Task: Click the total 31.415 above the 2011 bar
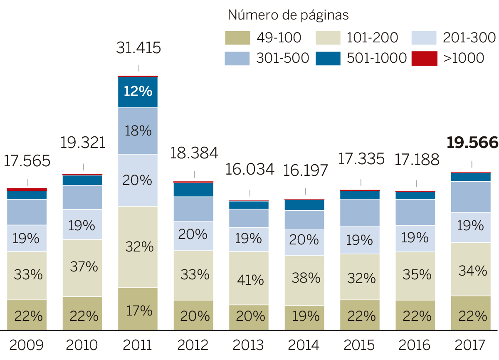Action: pos(138,48)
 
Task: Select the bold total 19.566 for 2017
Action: pos(472,143)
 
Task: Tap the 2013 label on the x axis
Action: pos(249,345)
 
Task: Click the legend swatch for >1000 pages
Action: pos(424,58)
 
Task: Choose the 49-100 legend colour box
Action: pos(237,38)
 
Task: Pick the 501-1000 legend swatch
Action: pos(328,58)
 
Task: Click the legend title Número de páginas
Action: pos(288,15)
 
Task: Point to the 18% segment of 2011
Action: pos(138,131)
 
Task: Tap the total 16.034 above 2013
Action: pos(250,169)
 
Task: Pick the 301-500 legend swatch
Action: pos(237,58)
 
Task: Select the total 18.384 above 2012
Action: pos(194,153)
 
